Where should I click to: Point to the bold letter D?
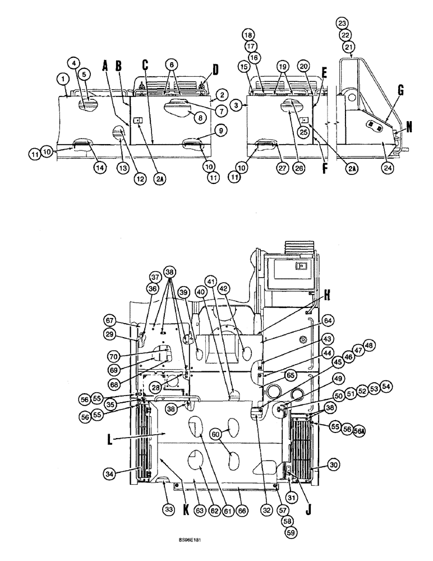(x=216, y=71)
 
